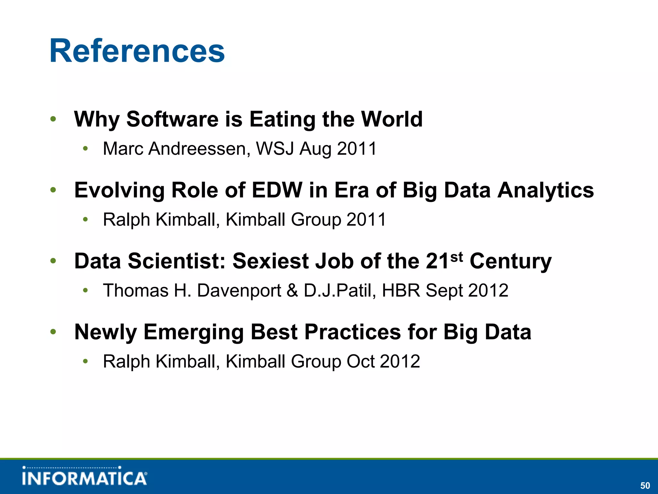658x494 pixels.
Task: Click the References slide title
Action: (137, 51)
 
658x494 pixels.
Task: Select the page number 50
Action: (645, 485)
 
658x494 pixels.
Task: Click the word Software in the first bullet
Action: (172, 119)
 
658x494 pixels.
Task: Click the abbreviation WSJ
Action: (275, 149)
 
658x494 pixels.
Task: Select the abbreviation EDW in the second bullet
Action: (277, 190)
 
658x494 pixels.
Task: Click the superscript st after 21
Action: (457, 257)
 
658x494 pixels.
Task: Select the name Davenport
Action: (239, 291)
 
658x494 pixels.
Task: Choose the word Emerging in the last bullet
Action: (193, 333)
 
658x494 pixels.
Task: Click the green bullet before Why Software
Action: (53, 119)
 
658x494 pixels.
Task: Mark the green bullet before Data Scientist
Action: (53, 261)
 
